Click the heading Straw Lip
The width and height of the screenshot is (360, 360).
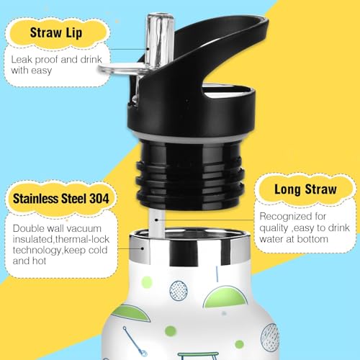point(56,32)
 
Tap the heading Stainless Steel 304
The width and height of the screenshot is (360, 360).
point(61,199)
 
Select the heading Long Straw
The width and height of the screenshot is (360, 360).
point(305,189)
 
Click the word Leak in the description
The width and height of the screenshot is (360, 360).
point(22,60)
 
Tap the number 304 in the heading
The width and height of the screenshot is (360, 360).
point(99,199)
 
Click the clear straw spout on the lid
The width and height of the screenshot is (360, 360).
point(159,41)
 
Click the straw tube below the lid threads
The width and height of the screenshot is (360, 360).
point(157,222)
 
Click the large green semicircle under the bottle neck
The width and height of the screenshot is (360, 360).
point(225,297)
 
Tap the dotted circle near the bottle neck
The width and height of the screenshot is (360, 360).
point(179,291)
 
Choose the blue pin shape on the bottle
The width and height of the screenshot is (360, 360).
point(135,341)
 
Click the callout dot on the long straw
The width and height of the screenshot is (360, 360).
point(156,220)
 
